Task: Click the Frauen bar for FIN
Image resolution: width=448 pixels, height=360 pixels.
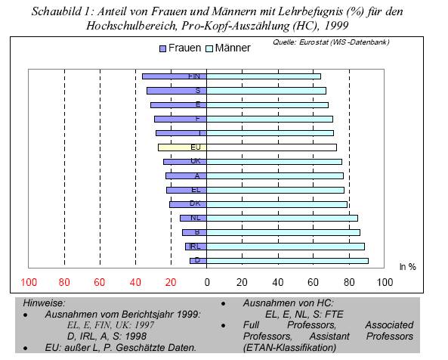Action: [175, 76]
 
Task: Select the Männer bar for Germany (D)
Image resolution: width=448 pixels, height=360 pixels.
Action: [287, 261]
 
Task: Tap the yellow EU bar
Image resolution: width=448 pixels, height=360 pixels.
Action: [182, 147]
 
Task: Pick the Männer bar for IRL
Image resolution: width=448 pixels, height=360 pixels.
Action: [286, 247]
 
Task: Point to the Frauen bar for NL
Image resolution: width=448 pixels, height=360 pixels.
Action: [193, 218]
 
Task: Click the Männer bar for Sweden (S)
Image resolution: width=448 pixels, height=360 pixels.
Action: [266, 91]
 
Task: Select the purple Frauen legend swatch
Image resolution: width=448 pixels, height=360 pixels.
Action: [162, 48]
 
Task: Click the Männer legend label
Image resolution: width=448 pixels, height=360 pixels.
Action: [233, 48]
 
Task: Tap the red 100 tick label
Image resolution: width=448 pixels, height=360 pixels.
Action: [29, 283]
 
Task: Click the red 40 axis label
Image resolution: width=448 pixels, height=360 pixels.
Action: [135, 283]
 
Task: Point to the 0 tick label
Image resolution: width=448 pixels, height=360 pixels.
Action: [207, 283]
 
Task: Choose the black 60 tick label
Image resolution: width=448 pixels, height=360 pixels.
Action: [313, 283]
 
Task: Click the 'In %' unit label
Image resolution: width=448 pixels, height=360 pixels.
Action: [407, 267]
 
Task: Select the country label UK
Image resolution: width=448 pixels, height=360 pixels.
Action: [196, 161]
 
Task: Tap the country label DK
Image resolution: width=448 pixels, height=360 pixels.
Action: [195, 203]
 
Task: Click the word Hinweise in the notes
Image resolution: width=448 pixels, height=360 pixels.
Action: [44, 303]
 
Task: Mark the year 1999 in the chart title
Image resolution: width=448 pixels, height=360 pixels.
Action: [336, 26]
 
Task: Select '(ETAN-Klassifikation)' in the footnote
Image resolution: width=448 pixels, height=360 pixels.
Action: [289, 348]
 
